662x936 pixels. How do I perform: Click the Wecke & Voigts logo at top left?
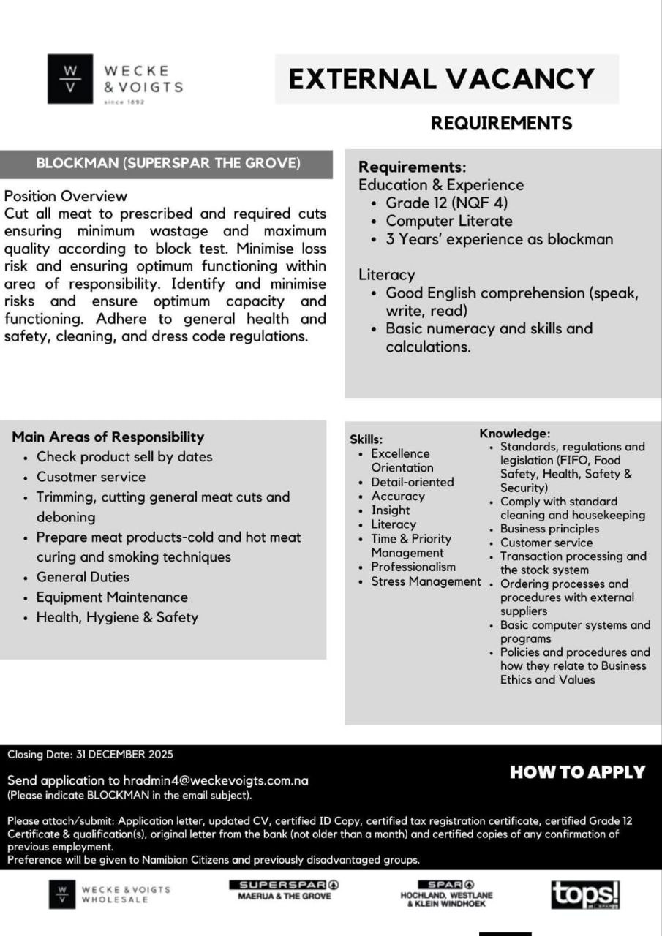pos(115,79)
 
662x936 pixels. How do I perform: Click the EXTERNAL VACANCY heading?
pos(442,78)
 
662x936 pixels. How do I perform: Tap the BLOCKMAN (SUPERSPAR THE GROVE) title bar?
pos(168,163)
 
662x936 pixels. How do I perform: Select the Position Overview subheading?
pos(66,196)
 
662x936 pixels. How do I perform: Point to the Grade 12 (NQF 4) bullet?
pos(446,203)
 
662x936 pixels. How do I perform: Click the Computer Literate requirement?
pos(448,221)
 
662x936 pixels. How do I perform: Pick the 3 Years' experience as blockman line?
pos(499,239)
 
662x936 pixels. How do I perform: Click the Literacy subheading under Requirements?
pos(386,275)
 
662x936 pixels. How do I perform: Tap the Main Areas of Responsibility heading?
pos(108,437)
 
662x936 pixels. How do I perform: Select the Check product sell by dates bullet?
pos(124,457)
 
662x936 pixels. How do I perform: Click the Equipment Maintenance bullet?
pos(112,597)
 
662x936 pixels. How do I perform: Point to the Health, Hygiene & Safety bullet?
pos(117,617)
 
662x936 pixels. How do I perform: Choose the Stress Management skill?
pos(426,582)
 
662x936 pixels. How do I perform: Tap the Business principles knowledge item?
pos(549,529)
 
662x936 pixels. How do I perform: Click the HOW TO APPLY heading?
pos(577,772)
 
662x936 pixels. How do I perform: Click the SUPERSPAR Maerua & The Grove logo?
pos(285,890)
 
